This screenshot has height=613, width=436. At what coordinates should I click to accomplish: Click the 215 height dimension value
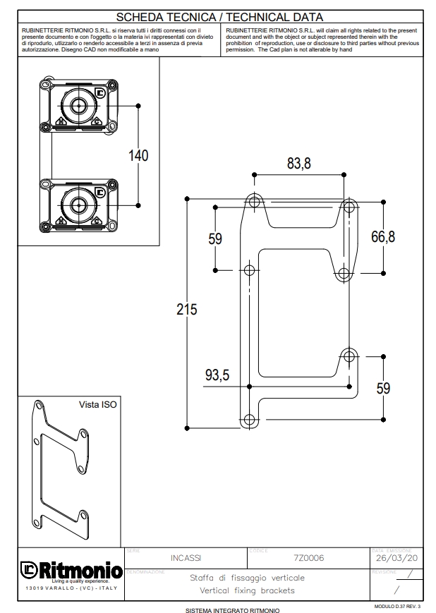(x=186, y=309)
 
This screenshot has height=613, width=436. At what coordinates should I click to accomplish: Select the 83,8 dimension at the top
(x=298, y=164)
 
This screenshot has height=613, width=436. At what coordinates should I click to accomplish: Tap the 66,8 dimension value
(x=383, y=237)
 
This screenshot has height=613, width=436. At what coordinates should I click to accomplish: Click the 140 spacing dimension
(x=138, y=155)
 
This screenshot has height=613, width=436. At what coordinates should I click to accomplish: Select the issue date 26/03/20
(x=396, y=558)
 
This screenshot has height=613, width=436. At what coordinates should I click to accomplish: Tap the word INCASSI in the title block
(x=186, y=558)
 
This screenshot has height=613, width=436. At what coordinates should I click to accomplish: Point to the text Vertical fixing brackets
(x=247, y=590)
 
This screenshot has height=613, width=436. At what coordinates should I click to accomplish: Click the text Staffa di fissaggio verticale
(x=247, y=577)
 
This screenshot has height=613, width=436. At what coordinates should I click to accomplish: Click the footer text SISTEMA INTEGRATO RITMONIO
(x=232, y=609)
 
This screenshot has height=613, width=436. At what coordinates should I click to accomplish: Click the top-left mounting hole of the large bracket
(x=254, y=201)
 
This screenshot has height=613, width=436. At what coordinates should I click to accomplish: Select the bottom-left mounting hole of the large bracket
(x=249, y=419)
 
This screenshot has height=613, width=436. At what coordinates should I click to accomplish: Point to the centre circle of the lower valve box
(x=78, y=205)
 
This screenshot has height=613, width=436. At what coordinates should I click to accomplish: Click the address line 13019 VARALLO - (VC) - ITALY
(x=62, y=588)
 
